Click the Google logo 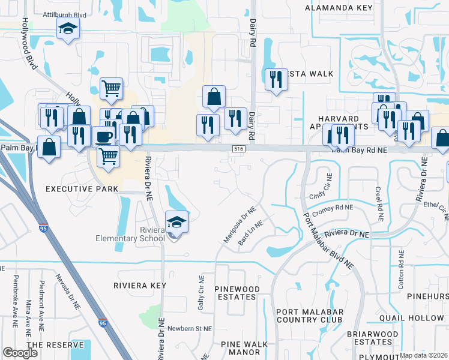(x=20, y=353)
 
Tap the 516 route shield (x=238, y=148)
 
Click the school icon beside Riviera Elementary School (x=176, y=222)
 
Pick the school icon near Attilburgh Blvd (x=68, y=28)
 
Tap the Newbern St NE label (x=190, y=329)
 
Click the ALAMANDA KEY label (x=339, y=8)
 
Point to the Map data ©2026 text (x=423, y=355)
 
